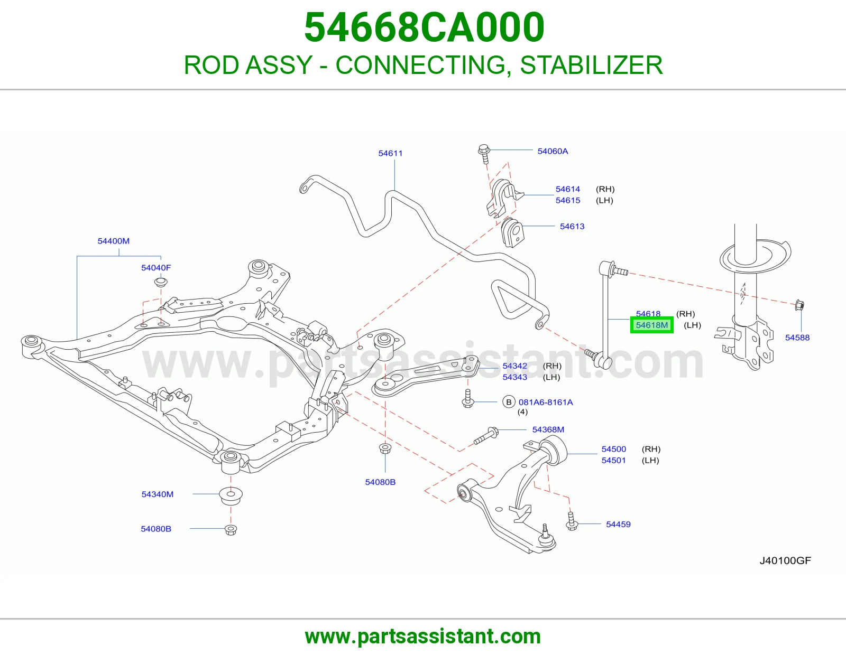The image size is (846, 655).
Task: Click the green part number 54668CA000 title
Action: (424, 27)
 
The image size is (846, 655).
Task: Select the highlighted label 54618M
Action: (652, 325)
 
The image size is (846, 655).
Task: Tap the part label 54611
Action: (390, 153)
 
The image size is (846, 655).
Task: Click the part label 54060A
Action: (553, 151)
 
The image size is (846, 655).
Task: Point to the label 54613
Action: (572, 226)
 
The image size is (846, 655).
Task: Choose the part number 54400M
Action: (113, 241)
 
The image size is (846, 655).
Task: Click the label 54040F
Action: (156, 268)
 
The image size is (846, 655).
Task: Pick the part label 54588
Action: (797, 337)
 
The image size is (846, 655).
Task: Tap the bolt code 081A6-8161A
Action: (546, 402)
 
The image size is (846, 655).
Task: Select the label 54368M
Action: (548, 429)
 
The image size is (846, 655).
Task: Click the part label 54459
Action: (618, 524)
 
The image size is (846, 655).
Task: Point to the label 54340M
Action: (157, 494)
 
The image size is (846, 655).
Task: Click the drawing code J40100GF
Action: (785, 560)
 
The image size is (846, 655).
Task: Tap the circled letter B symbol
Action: (509, 402)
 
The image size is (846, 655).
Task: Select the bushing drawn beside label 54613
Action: (512, 232)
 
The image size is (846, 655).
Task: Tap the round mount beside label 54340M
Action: (231, 495)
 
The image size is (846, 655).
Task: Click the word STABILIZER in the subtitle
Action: (591, 65)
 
